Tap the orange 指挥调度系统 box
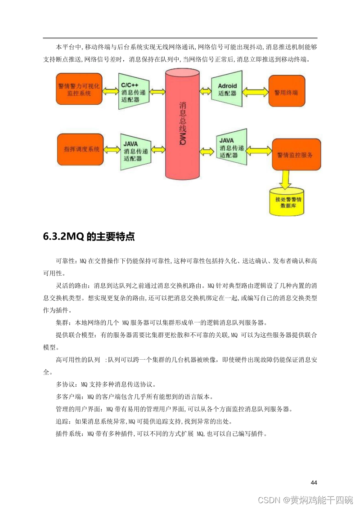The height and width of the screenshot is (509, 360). (x=79, y=149)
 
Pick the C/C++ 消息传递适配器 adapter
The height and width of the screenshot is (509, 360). (x=134, y=91)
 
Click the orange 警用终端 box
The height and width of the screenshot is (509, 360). (x=286, y=91)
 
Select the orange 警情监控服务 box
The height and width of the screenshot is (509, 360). (x=296, y=155)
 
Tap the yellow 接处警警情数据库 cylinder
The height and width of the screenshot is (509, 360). (x=286, y=201)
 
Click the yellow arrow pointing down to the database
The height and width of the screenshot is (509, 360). (x=285, y=179)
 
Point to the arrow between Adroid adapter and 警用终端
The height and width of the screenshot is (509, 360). (x=255, y=91)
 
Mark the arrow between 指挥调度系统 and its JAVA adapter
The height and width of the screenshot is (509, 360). (x=111, y=149)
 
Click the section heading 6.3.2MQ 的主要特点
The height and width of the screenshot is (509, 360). (x=89, y=237)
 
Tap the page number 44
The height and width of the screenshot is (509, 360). (x=314, y=482)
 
